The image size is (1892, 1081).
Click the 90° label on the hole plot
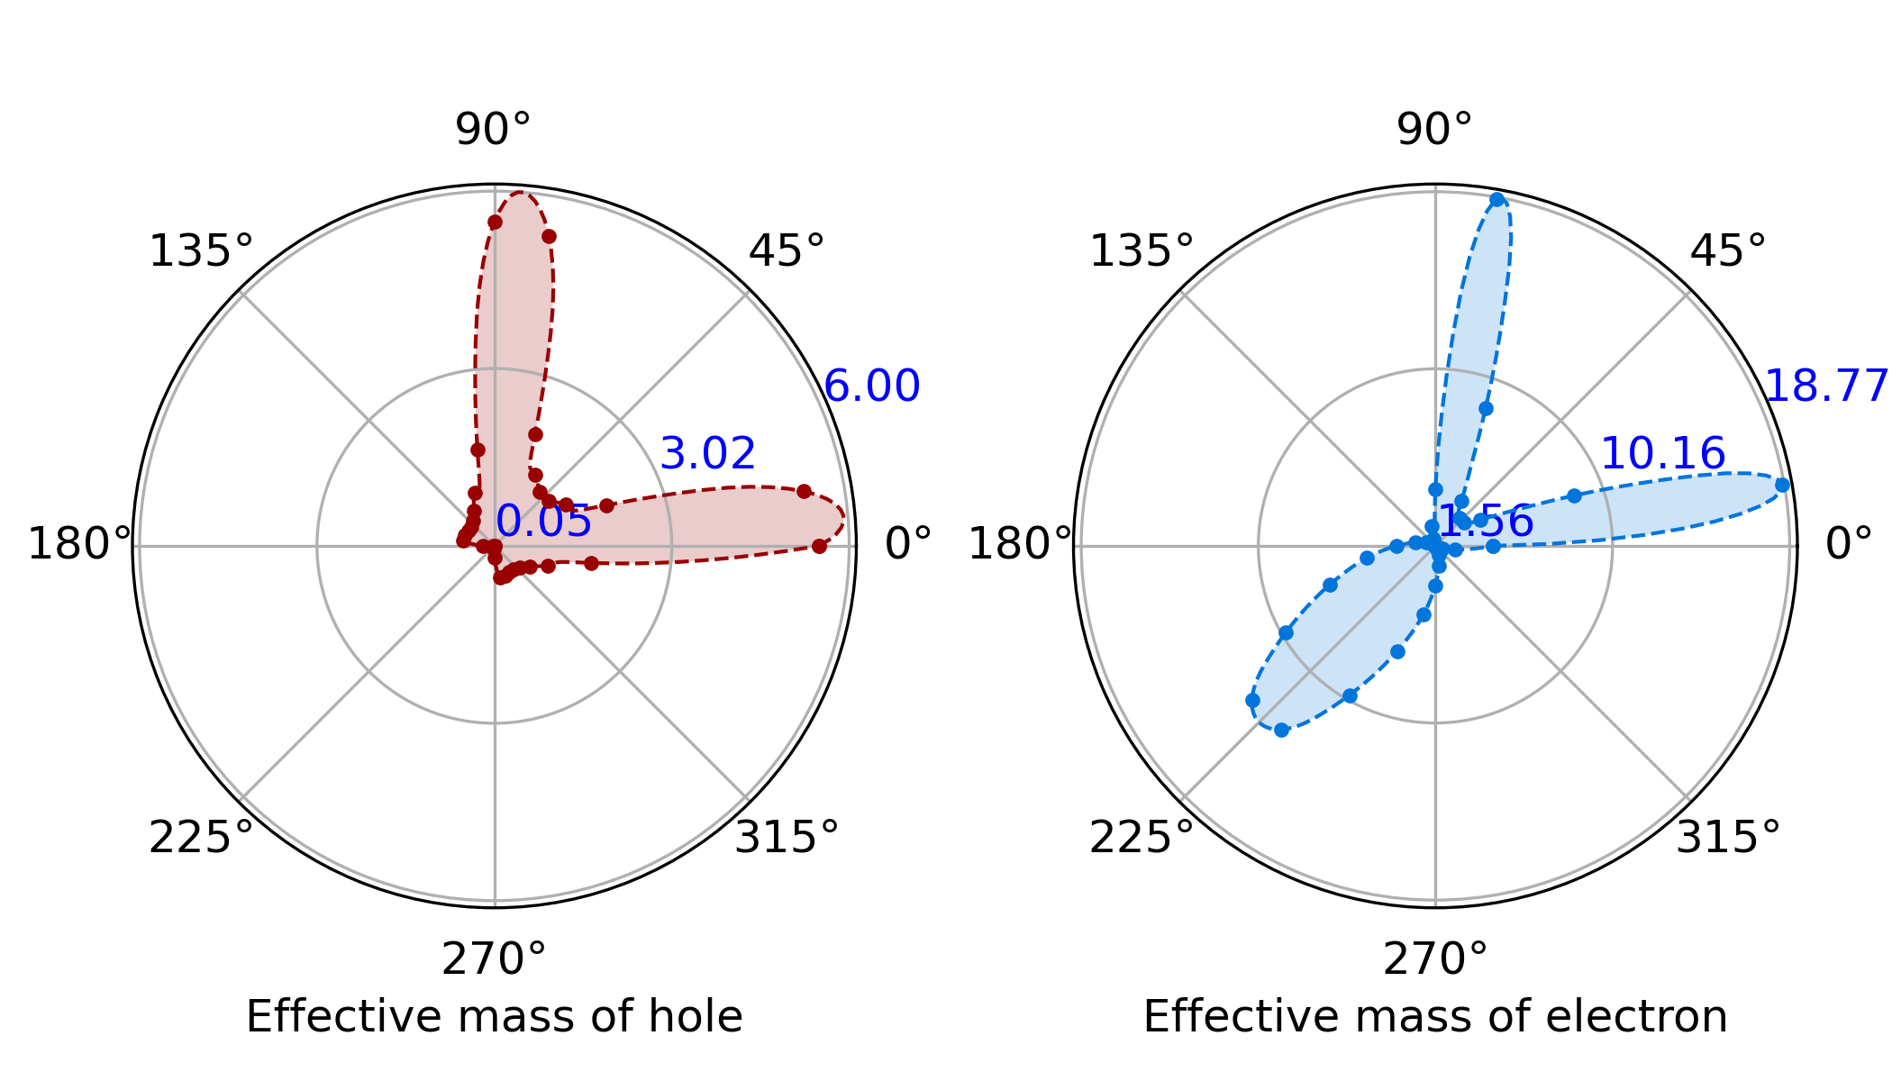tap(493, 131)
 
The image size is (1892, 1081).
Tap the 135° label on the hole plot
tap(201, 251)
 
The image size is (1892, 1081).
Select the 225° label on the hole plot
tap(201, 838)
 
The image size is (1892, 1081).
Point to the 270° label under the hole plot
tap(494, 959)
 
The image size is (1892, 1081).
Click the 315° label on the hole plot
tap(787, 838)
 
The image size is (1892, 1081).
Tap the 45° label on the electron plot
tap(1727, 251)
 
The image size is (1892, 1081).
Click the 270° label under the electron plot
tap(1435, 959)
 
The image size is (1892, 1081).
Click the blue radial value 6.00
tap(872, 386)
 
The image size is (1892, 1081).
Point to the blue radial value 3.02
tap(708, 454)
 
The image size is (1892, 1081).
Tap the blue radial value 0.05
tap(544, 522)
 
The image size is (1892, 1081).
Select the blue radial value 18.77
tap(1825, 387)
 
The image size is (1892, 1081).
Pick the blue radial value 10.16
tap(1663, 454)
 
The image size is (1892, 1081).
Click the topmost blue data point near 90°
tap(1497, 200)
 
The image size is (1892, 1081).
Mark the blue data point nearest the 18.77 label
tap(1782, 485)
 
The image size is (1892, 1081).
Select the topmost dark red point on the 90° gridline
tap(495, 223)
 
